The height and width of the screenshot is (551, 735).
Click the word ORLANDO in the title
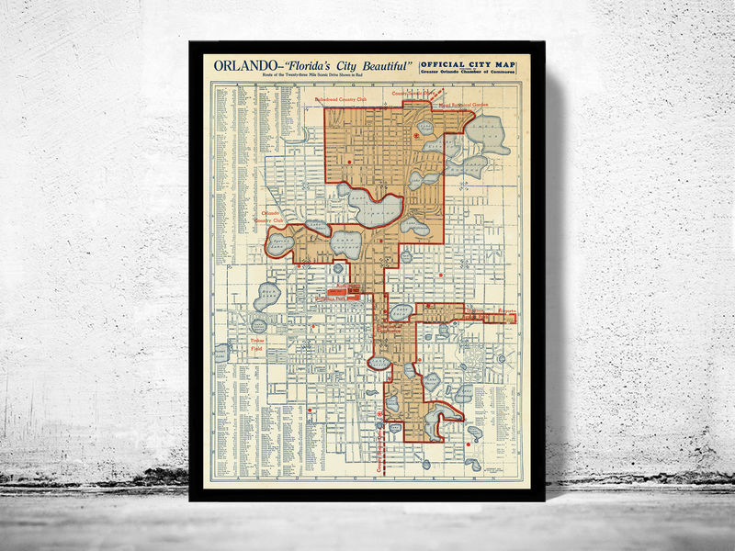tap(236, 65)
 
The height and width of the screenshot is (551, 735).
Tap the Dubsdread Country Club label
tap(340, 98)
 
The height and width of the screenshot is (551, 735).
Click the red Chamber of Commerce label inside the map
tap(390, 328)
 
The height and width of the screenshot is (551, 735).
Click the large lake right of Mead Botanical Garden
tap(488, 134)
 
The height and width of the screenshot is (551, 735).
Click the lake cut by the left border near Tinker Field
tap(221, 353)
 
